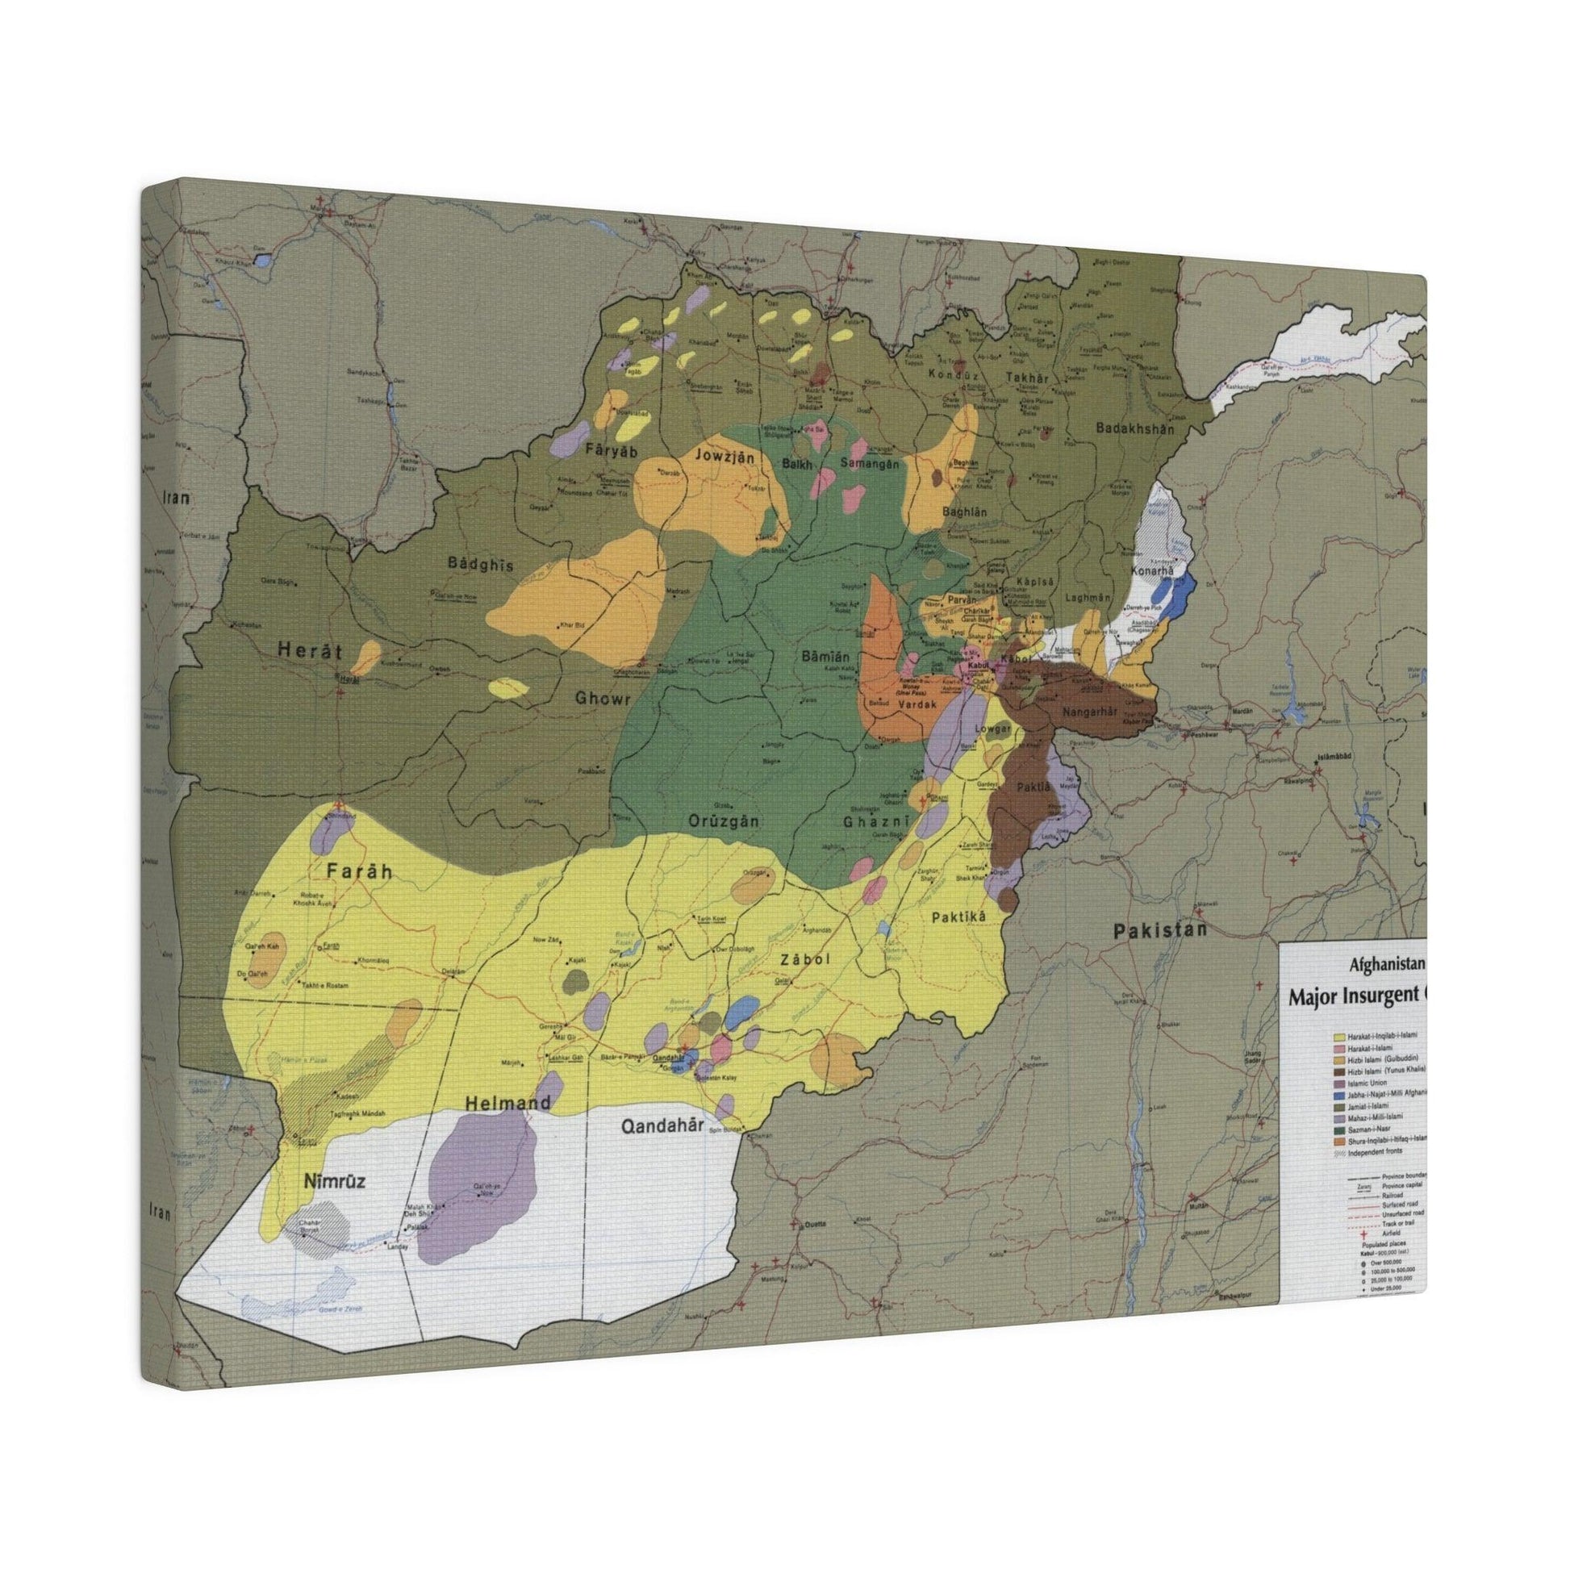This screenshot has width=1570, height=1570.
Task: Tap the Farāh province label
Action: tap(359, 871)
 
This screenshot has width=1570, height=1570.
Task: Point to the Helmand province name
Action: tap(508, 1103)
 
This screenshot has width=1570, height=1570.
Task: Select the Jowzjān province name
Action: tap(724, 457)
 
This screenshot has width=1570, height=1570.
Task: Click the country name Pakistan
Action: tap(1157, 930)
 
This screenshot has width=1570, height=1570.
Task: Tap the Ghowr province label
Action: tap(603, 696)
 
